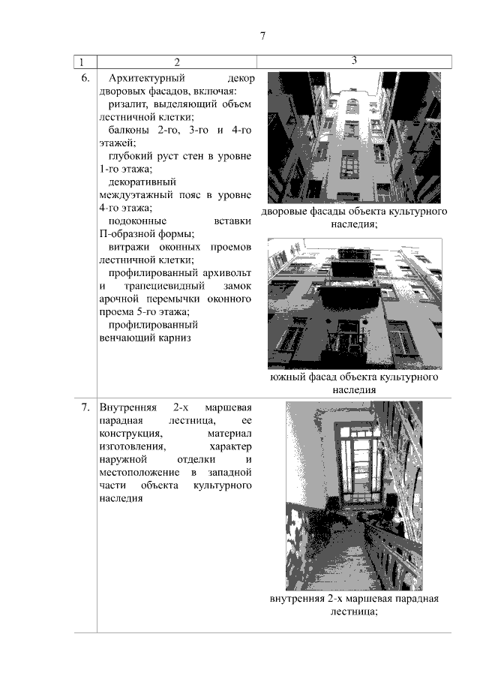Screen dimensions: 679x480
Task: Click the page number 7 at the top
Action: [x=263, y=36]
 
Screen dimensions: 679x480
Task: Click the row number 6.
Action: [x=85, y=77]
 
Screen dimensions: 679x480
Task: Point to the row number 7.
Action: [x=85, y=407]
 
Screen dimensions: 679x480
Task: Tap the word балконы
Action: [x=128, y=130]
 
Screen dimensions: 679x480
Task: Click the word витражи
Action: [x=130, y=247]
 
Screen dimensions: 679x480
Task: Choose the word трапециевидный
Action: [x=163, y=287]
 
